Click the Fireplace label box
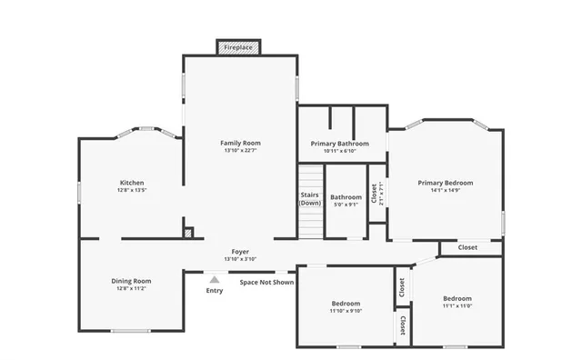[x=238, y=46]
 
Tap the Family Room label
[x=240, y=143]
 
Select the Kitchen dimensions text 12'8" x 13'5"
[x=132, y=191]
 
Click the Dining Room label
[x=131, y=281]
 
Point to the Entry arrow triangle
[x=215, y=280]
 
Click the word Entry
[x=215, y=291]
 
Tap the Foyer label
[x=240, y=251]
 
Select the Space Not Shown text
[x=266, y=283]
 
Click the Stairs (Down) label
[x=310, y=198]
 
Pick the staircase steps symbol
[x=310, y=223]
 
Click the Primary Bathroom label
[x=339, y=144]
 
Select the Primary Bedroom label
[x=446, y=183]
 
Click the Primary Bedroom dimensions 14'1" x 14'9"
[x=446, y=191]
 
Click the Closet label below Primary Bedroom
[x=467, y=247]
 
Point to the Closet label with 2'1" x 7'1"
[x=374, y=194]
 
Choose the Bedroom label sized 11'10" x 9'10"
[x=346, y=303]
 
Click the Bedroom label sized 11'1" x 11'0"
[x=457, y=298]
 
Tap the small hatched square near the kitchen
[x=188, y=234]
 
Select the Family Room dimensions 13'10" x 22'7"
[x=240, y=151]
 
